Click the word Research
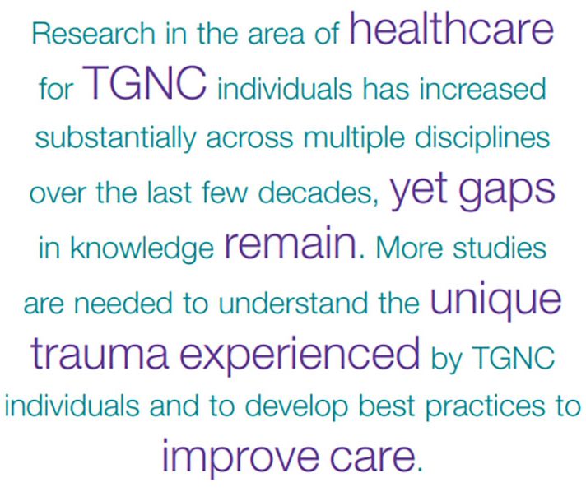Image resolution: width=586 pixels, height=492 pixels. pyautogui.click(x=94, y=34)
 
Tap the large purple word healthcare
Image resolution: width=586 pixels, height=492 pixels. pyautogui.click(x=451, y=28)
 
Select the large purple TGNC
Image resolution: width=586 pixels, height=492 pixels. pyautogui.click(x=144, y=83)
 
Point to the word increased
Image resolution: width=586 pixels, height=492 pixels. pyautogui.click(x=482, y=89)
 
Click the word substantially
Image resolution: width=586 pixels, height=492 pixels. pyautogui.click(x=115, y=138)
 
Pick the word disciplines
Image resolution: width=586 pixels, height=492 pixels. pyautogui.click(x=482, y=138)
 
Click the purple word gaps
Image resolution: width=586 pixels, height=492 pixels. pyautogui.click(x=506, y=191)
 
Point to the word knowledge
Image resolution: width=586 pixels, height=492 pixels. pyautogui.click(x=142, y=248)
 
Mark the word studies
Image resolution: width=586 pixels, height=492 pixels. pyautogui.click(x=500, y=247)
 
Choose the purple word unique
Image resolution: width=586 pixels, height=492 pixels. pyautogui.click(x=495, y=301)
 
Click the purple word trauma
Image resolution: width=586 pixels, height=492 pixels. pyautogui.click(x=100, y=352)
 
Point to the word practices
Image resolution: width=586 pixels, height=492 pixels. pyautogui.click(x=486, y=407)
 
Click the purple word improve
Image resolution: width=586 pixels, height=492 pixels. pyautogui.click(x=240, y=457)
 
